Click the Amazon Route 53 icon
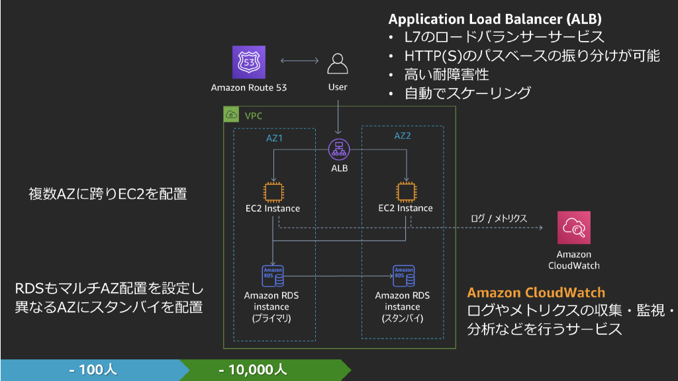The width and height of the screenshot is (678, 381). tap(249, 62)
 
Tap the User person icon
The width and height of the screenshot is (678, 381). tap(338, 64)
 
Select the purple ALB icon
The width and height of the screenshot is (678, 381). tap(340, 149)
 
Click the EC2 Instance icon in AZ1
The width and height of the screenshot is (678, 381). tap(273, 191)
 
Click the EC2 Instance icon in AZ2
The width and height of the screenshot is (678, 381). tap(405, 191)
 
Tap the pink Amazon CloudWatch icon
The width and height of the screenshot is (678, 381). tap(573, 228)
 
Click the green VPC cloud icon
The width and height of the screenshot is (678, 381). tap(232, 114)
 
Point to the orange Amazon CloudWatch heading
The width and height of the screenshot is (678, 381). tap(536, 292)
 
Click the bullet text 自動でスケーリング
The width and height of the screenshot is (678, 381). tap(467, 93)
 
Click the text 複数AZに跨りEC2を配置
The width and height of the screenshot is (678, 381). tap(107, 194)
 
